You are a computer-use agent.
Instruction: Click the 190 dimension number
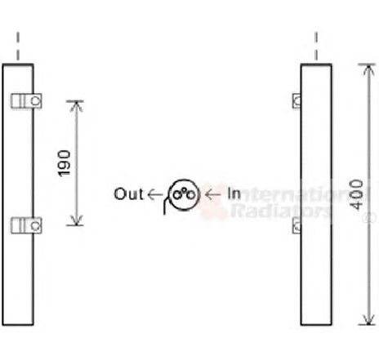[x=65, y=163]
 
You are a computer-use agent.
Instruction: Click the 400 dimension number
[x=357, y=194]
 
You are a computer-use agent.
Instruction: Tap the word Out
[x=129, y=194]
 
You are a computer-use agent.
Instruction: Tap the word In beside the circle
[x=234, y=193]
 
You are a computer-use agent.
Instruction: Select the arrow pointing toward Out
[x=155, y=194]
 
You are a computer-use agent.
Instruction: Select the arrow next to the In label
[x=213, y=194]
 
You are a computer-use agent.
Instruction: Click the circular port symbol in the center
[x=185, y=195]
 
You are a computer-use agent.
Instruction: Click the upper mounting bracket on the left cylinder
[x=26, y=101]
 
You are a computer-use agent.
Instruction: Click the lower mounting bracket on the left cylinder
[x=26, y=225]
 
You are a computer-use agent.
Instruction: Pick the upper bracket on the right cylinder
[x=297, y=101]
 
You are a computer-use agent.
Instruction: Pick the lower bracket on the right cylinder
[x=297, y=225]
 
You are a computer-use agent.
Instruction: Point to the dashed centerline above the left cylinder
[x=18, y=46]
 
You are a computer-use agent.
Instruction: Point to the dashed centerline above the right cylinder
[x=316, y=46]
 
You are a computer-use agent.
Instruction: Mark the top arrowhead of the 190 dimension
[x=76, y=105]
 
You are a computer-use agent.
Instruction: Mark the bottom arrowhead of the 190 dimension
[x=76, y=221]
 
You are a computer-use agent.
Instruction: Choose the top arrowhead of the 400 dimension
[x=368, y=69]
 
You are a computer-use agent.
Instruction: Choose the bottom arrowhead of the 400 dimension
[x=368, y=320]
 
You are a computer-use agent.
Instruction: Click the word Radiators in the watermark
[x=281, y=211]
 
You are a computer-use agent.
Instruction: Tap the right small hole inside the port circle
[x=190, y=195]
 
